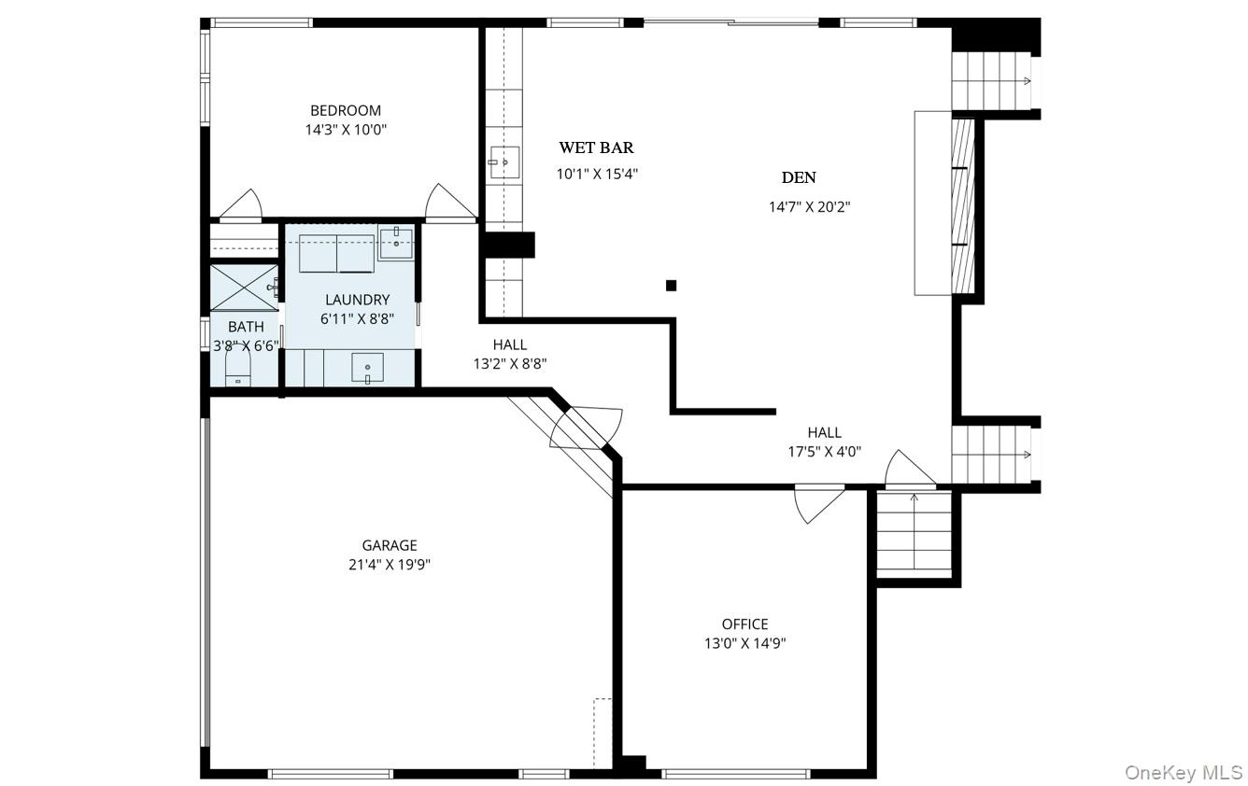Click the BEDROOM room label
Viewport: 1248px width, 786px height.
346,110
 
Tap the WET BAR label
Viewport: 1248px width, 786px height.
596,147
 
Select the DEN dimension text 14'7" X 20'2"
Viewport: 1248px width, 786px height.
810,207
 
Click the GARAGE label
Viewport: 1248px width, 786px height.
390,545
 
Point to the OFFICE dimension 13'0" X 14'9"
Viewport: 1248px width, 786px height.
745,643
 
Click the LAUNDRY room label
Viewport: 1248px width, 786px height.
357,300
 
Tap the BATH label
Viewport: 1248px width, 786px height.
246,326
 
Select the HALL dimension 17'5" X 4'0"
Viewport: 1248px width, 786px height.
824,451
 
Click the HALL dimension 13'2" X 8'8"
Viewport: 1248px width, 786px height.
510,363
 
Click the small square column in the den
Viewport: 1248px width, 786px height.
672,286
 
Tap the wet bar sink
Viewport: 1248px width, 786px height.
504,162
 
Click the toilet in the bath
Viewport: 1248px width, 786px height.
238,366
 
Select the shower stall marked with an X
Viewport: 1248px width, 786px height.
244,288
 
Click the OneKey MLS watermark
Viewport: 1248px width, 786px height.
1184,773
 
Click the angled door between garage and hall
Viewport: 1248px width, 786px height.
585,428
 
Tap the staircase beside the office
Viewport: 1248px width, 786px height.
914,535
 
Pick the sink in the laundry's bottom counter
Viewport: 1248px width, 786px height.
367,368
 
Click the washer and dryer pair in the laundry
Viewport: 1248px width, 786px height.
336,253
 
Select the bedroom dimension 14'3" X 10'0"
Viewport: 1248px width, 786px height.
346,130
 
